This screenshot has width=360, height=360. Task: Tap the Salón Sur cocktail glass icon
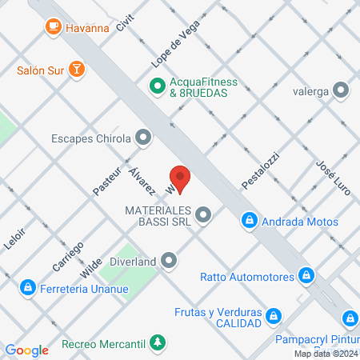[77, 70]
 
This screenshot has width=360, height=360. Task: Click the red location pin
[180, 178]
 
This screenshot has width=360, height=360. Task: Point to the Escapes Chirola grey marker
[143, 138]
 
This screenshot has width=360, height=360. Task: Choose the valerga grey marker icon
[342, 90]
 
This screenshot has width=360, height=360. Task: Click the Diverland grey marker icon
[169, 259]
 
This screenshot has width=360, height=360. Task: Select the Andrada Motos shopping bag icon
[250, 218]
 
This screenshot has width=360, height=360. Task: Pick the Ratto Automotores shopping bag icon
[304, 277]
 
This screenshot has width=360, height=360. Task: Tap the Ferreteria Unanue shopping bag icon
[27, 287]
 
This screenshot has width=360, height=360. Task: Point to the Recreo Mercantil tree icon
[158, 344]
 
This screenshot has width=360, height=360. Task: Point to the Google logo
[26, 350]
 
